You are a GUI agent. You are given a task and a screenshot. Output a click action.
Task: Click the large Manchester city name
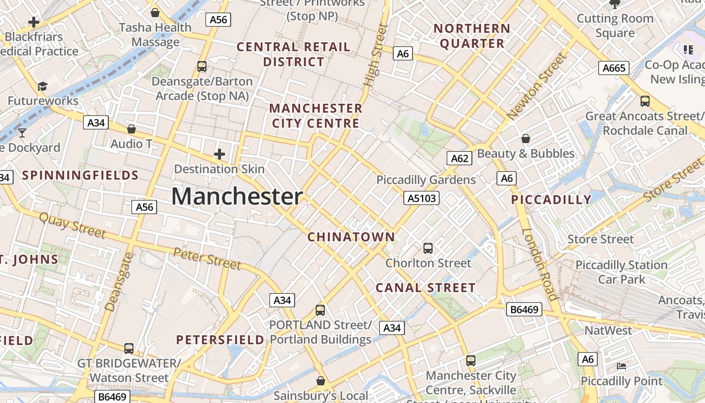(x=237, y=196)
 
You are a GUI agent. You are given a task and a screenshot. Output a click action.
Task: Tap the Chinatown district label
(x=351, y=237)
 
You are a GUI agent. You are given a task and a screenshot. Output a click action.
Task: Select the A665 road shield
(x=614, y=68)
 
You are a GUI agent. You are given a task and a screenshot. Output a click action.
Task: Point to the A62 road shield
(x=459, y=159)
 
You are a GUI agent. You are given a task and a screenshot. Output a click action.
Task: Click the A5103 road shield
(x=421, y=198)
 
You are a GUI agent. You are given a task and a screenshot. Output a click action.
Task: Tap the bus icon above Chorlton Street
(x=428, y=248)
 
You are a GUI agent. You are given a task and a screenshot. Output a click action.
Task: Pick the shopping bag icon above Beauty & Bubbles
(x=526, y=138)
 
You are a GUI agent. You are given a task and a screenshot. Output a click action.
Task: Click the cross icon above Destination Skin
(x=220, y=154)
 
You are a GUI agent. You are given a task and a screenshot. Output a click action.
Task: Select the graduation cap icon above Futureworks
(x=42, y=86)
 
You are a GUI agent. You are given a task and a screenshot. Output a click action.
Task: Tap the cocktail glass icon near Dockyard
(x=22, y=132)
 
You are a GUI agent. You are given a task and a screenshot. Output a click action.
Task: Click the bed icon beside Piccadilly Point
(x=621, y=366)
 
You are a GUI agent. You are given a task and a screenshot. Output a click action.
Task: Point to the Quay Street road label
(x=73, y=225)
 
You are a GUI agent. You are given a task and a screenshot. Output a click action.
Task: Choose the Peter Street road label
(x=207, y=258)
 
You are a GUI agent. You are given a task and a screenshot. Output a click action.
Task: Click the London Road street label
(x=540, y=265)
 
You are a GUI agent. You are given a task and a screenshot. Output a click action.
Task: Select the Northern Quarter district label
(x=472, y=36)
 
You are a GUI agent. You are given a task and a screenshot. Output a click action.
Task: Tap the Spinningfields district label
(x=81, y=176)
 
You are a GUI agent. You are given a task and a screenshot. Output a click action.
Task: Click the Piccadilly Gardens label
(x=426, y=180)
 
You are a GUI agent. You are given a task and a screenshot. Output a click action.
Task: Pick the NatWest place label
(x=608, y=331)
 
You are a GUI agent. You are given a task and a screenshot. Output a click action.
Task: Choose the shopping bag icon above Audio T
(x=131, y=129)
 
